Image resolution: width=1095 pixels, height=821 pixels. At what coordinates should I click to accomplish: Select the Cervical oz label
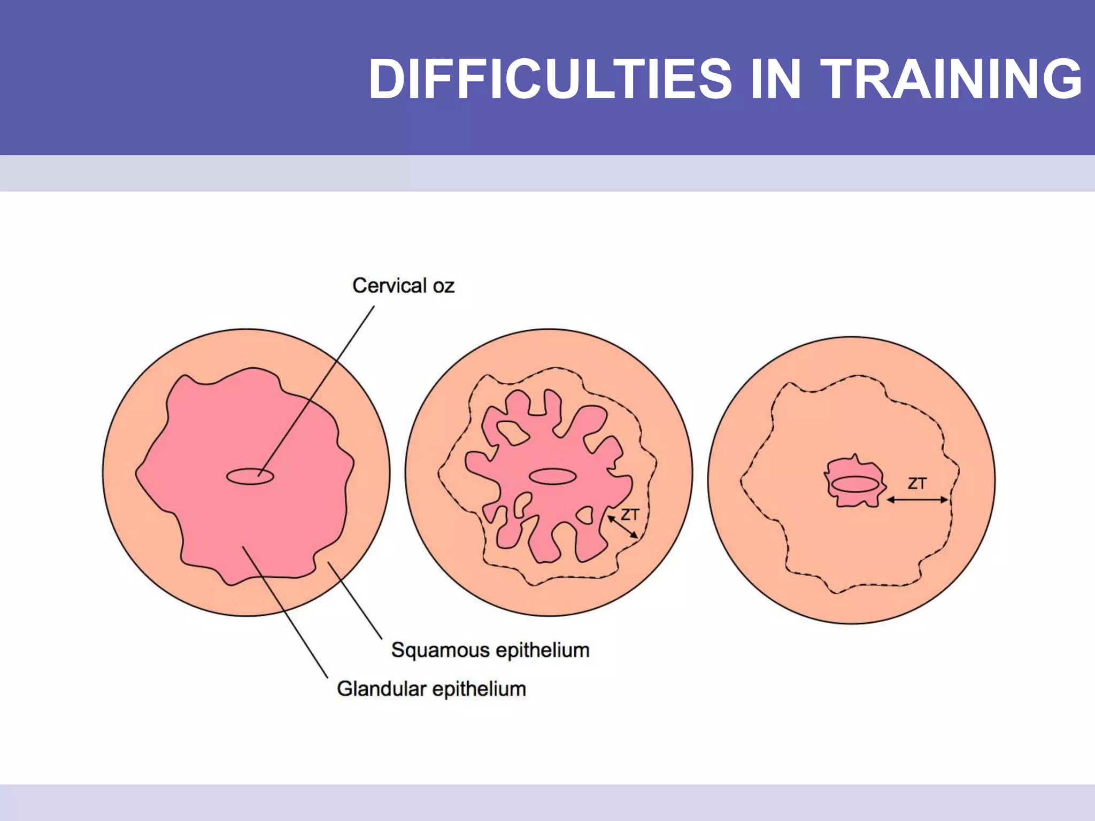click(403, 286)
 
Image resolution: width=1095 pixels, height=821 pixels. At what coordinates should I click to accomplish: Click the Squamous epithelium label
click(490, 650)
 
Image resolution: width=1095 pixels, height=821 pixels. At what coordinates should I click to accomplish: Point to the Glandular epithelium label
click(431, 689)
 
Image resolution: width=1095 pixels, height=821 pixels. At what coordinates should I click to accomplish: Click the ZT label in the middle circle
click(630, 515)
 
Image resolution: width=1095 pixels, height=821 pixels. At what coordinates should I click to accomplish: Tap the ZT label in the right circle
click(917, 484)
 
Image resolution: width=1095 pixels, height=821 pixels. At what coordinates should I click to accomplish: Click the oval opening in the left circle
click(250, 476)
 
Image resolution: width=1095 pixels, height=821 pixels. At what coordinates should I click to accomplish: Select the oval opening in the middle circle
click(552, 476)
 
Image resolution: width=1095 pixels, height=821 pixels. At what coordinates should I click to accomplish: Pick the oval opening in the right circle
click(855, 484)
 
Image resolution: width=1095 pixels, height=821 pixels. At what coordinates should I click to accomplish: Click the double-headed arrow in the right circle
click(917, 500)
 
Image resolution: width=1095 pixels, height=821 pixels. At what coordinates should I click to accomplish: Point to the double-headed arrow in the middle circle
click(623, 527)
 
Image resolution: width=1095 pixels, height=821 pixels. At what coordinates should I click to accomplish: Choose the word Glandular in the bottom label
click(381, 689)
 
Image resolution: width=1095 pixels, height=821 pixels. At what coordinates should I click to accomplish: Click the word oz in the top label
click(443, 286)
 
